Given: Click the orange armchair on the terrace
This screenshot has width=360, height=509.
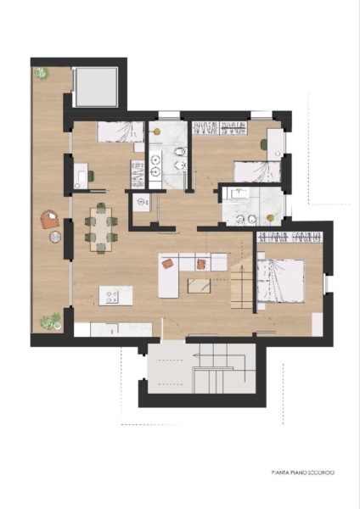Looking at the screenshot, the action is coord(50,220).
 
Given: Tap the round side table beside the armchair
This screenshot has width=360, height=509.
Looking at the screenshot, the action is coord(55,237).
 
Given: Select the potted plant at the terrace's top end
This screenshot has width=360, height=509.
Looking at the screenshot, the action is coord(42,73).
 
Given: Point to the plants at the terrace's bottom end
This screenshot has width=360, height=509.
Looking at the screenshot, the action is coord(51,322).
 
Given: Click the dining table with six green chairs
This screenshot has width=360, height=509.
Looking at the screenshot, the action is coord(101,227).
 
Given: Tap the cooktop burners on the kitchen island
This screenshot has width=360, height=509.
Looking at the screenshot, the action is coord(112,297).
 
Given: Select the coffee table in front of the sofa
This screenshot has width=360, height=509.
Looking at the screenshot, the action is coord(200,286).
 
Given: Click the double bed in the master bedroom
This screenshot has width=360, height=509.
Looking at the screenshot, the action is coord(281,281).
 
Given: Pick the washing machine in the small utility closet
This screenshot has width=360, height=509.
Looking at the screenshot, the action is coord(142,203).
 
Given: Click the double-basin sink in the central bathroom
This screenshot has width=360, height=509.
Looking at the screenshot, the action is coord(155,165).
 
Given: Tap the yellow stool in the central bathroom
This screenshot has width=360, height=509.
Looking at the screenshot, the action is coord(157,131).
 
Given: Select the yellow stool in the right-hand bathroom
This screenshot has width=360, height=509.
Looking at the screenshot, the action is coord(270,218).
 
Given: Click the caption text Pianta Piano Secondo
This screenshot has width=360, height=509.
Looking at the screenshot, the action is coord(303,473).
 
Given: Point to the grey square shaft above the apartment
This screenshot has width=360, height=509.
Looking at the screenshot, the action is coord(96,87).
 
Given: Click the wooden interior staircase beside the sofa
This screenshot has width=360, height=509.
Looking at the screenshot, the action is coord(242,287).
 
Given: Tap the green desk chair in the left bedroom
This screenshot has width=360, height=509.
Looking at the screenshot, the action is coord(91,176).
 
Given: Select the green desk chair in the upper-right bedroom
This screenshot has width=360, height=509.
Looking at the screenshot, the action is coord(264,144).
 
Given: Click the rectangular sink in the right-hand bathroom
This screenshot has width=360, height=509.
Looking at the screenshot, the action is coord(239,193).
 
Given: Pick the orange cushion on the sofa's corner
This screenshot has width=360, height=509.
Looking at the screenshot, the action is coord(167,263).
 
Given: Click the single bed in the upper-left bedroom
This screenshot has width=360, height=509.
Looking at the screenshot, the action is coord(121,131).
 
